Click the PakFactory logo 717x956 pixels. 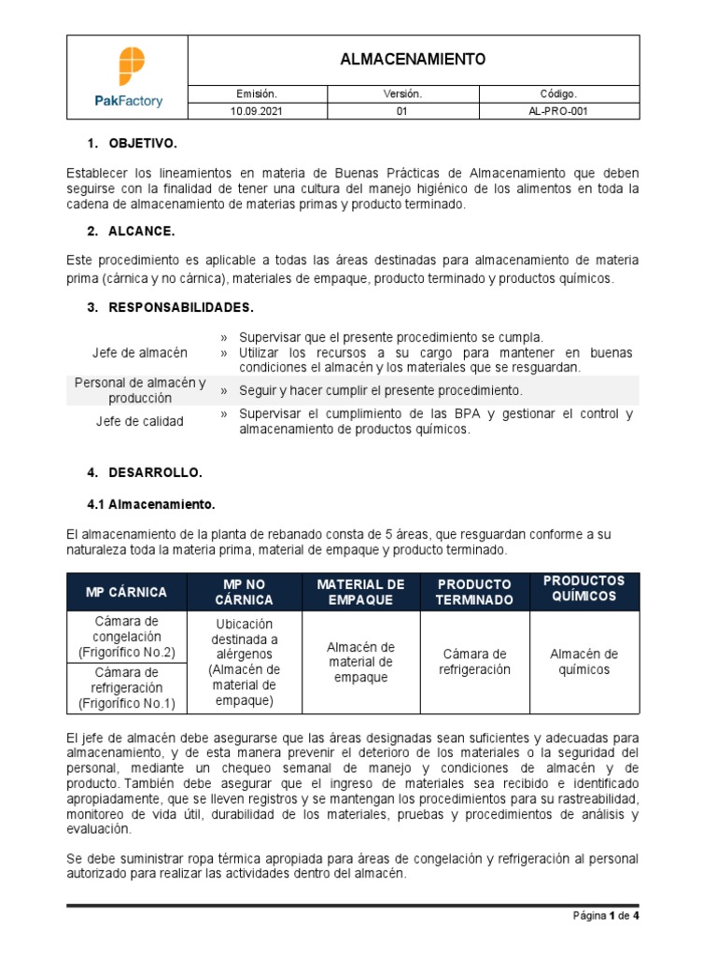pos(127,77)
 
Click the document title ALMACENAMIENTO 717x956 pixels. pos(414,60)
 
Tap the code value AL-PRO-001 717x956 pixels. pos(558,110)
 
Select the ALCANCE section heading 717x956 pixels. pos(140,231)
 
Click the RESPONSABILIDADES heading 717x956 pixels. pos(180,307)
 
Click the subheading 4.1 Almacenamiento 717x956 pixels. pos(150,504)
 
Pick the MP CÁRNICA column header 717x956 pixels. pos(126,592)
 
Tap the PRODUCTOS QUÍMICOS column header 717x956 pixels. pos(583,588)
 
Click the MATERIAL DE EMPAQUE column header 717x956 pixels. pos(360,592)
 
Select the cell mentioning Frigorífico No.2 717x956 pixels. pos(126,637)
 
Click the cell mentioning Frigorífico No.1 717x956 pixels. pos(126,688)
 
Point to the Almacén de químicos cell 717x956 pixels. pos(583,662)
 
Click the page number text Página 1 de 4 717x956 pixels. pos(606,916)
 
